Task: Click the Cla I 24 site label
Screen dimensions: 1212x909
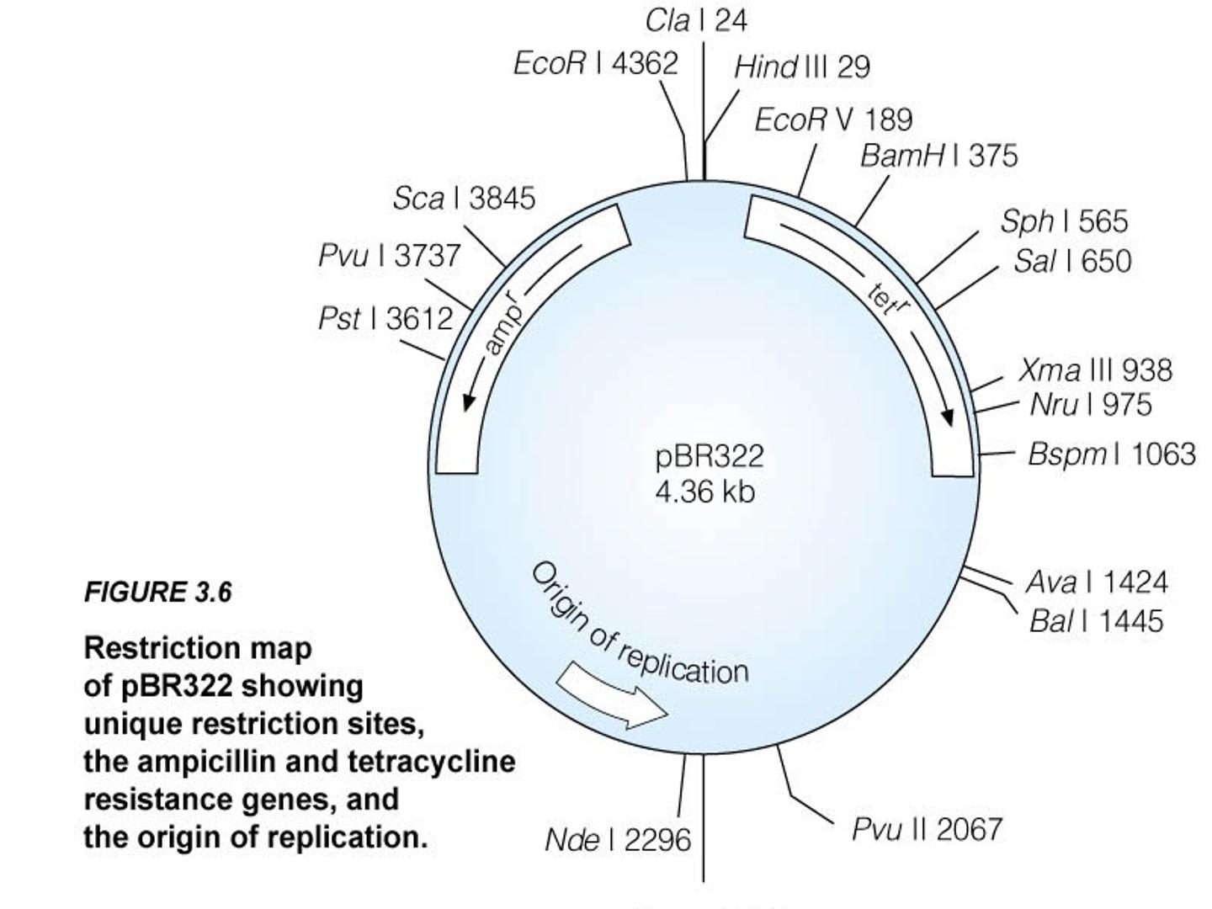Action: [696, 22]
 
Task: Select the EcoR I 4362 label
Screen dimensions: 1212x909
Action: [595, 63]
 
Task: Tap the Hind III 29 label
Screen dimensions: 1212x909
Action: [802, 67]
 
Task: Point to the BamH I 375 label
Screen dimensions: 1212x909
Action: [938, 156]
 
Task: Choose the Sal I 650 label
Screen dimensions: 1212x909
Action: [1072, 261]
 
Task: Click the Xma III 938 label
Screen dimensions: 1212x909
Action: [1096, 369]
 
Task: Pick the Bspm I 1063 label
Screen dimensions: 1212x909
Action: [1112, 455]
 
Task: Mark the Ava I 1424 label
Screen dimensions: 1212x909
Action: [1097, 582]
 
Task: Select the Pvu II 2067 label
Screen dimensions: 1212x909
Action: [927, 830]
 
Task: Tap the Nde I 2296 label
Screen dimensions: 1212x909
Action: [618, 841]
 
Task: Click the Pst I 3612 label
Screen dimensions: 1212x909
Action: [386, 318]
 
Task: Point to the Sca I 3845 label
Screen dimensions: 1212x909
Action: [464, 198]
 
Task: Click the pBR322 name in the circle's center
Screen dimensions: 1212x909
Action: [710, 457]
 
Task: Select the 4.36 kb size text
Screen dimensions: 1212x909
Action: [704, 492]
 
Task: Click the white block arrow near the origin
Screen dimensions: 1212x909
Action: [613, 696]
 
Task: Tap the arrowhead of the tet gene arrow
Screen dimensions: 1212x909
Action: [947, 417]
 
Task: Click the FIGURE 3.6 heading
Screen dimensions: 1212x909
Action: [158, 593]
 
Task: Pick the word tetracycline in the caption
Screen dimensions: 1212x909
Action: [432, 763]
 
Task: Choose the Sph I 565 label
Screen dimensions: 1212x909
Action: [1064, 222]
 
